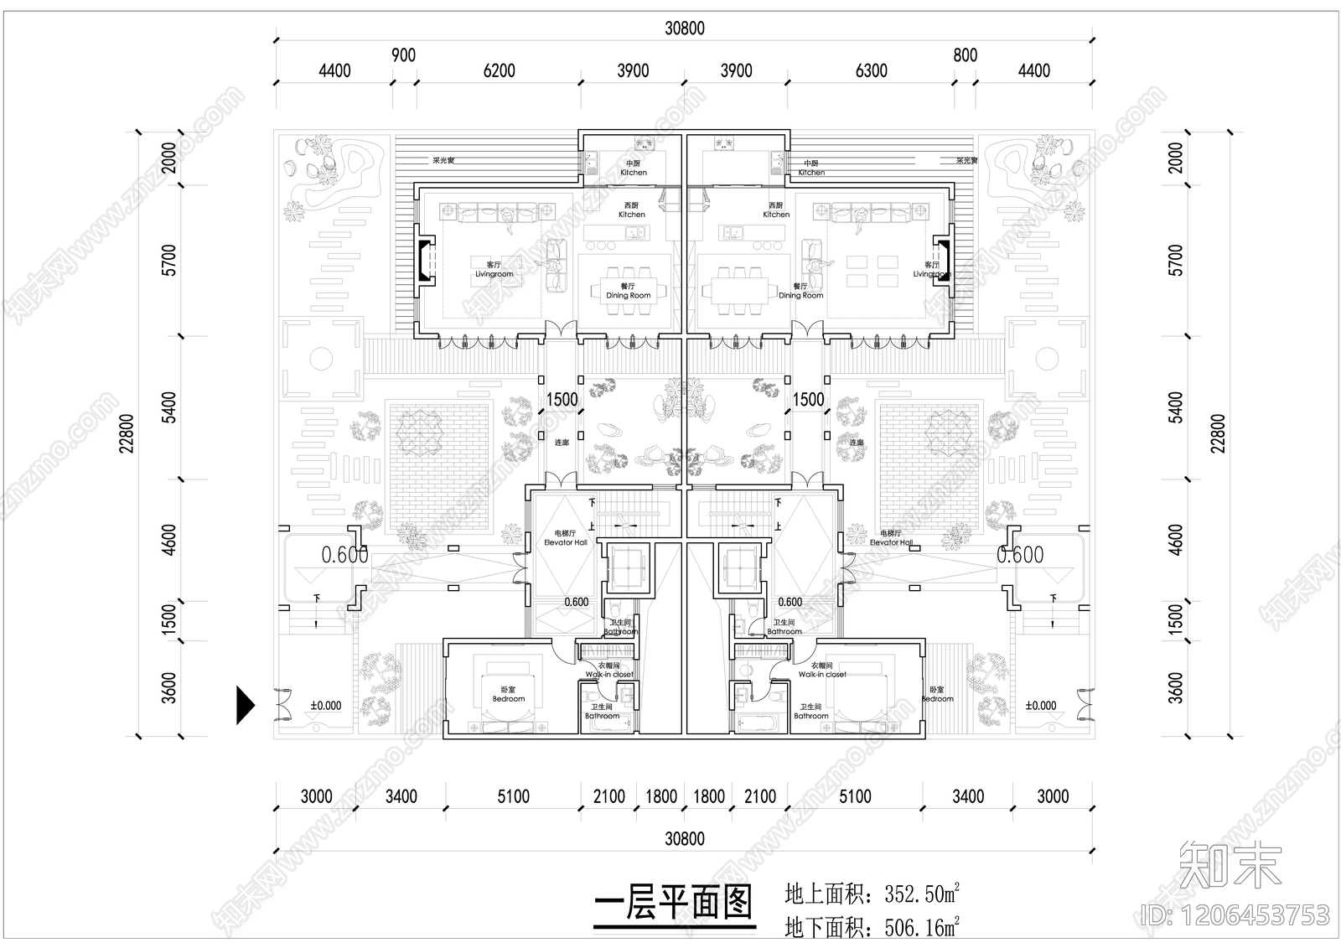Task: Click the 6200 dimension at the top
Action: [499, 71]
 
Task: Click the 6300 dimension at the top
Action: [871, 71]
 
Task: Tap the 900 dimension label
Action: [403, 55]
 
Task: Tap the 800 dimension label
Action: [965, 55]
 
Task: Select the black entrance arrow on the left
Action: [244, 705]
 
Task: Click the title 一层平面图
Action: [674, 905]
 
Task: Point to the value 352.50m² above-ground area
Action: [922, 894]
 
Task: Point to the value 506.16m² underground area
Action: [922, 928]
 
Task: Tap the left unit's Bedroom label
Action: [508, 695]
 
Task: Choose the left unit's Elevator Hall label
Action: [565, 538]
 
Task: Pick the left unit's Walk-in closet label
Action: [608, 671]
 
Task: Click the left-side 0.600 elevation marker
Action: [344, 554]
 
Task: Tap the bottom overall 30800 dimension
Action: [684, 838]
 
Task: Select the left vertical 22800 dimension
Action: [127, 433]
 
